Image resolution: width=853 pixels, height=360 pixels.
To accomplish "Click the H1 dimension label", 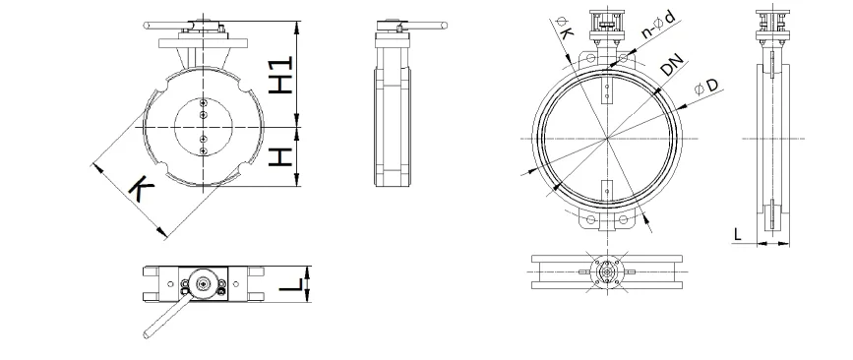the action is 280,75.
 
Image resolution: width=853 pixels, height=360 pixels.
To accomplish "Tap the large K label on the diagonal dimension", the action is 141,189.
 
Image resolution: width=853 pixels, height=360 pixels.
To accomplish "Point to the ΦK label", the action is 564,28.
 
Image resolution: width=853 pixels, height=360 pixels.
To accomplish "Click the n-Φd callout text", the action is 659,25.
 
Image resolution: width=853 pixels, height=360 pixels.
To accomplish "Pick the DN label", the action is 671,66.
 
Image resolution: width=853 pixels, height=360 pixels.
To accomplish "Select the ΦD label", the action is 706,87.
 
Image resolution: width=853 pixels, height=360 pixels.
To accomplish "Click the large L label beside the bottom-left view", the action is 291,284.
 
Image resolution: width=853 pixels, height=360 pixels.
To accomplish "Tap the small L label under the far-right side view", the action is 737,234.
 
